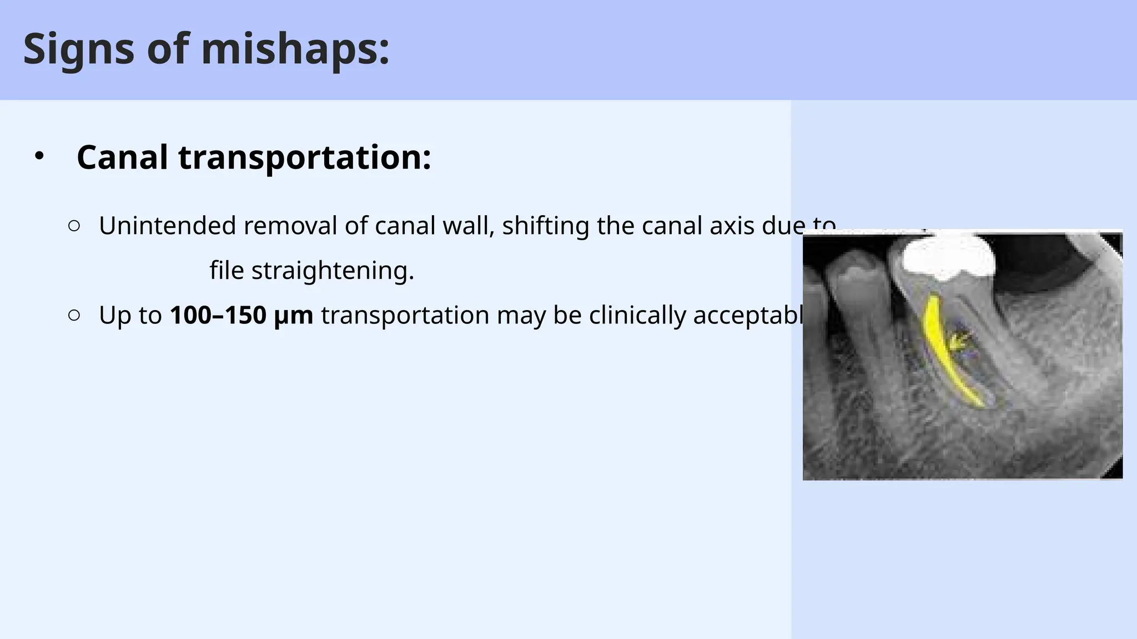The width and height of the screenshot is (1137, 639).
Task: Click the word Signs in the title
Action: click(78, 49)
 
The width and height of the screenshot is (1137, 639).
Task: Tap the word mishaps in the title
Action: click(294, 49)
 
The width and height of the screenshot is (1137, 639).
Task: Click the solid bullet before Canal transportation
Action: click(38, 156)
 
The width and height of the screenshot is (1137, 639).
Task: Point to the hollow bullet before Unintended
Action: click(74, 226)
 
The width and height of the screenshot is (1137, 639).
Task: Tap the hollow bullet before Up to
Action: click(74, 315)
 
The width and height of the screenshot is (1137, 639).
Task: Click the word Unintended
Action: click(167, 226)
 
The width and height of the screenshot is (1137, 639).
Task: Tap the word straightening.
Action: click(333, 271)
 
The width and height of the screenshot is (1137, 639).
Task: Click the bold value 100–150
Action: click(218, 315)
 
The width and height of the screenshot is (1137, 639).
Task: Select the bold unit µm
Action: click(294, 315)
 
